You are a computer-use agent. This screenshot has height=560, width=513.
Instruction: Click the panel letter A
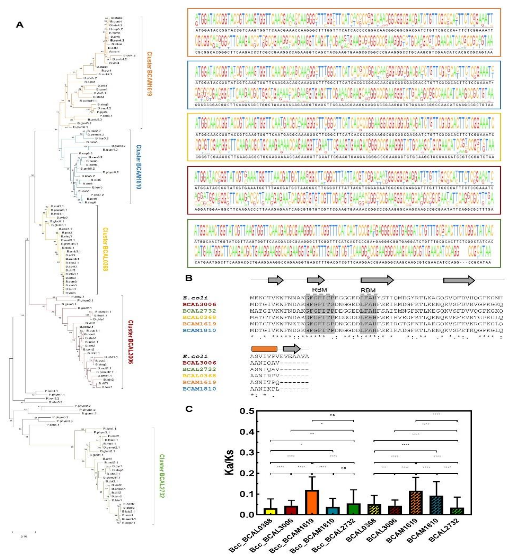[20, 25]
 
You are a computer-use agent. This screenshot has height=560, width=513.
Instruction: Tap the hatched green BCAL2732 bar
[457, 511]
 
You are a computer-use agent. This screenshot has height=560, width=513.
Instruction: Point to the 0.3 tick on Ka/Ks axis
[247, 453]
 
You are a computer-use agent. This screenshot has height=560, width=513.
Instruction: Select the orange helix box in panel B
[264, 349]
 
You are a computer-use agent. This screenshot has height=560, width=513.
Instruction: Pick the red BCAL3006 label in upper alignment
[199, 304]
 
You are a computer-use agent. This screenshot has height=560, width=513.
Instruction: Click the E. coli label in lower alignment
[195, 356]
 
